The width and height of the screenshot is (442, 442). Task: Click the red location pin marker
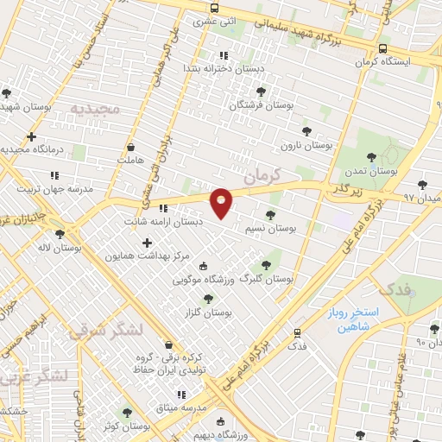tap(221, 202)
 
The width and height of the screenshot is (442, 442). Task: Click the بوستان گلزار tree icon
tap(208, 298)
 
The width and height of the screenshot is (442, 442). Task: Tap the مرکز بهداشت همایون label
tap(144, 256)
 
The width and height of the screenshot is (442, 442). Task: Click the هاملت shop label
tap(129, 161)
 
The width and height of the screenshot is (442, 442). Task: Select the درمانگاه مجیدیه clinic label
tap(33, 149)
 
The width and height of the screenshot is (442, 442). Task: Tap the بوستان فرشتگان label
tap(262, 104)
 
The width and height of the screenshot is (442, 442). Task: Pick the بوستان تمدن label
tap(371, 172)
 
